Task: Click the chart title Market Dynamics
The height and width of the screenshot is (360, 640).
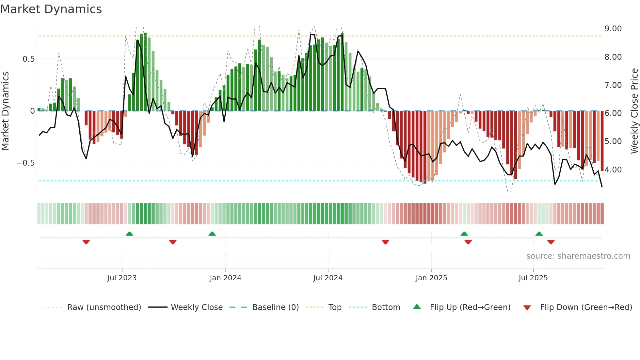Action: click(x=51, y=9)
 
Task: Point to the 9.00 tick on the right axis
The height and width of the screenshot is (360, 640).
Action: click(x=613, y=29)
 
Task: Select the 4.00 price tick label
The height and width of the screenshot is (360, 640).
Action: click(x=613, y=170)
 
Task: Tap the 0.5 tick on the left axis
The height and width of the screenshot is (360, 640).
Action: click(x=28, y=59)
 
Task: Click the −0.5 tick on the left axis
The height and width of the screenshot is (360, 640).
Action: click(x=26, y=163)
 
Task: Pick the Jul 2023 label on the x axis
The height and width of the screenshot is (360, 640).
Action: click(x=122, y=278)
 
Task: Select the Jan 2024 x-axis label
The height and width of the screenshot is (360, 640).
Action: click(x=225, y=278)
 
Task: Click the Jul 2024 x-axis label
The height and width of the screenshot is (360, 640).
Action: click(x=328, y=278)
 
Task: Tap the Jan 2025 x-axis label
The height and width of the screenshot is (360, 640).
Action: click(x=431, y=278)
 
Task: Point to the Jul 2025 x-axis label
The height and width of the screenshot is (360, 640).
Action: click(x=533, y=278)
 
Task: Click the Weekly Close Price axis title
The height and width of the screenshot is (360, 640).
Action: click(x=634, y=111)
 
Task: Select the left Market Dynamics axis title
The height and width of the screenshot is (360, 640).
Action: click(x=5, y=111)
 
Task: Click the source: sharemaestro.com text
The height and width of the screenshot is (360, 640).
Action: click(x=578, y=256)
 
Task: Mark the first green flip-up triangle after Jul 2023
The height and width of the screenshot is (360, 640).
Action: click(x=129, y=234)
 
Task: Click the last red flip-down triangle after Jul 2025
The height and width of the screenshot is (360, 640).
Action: click(x=551, y=242)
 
